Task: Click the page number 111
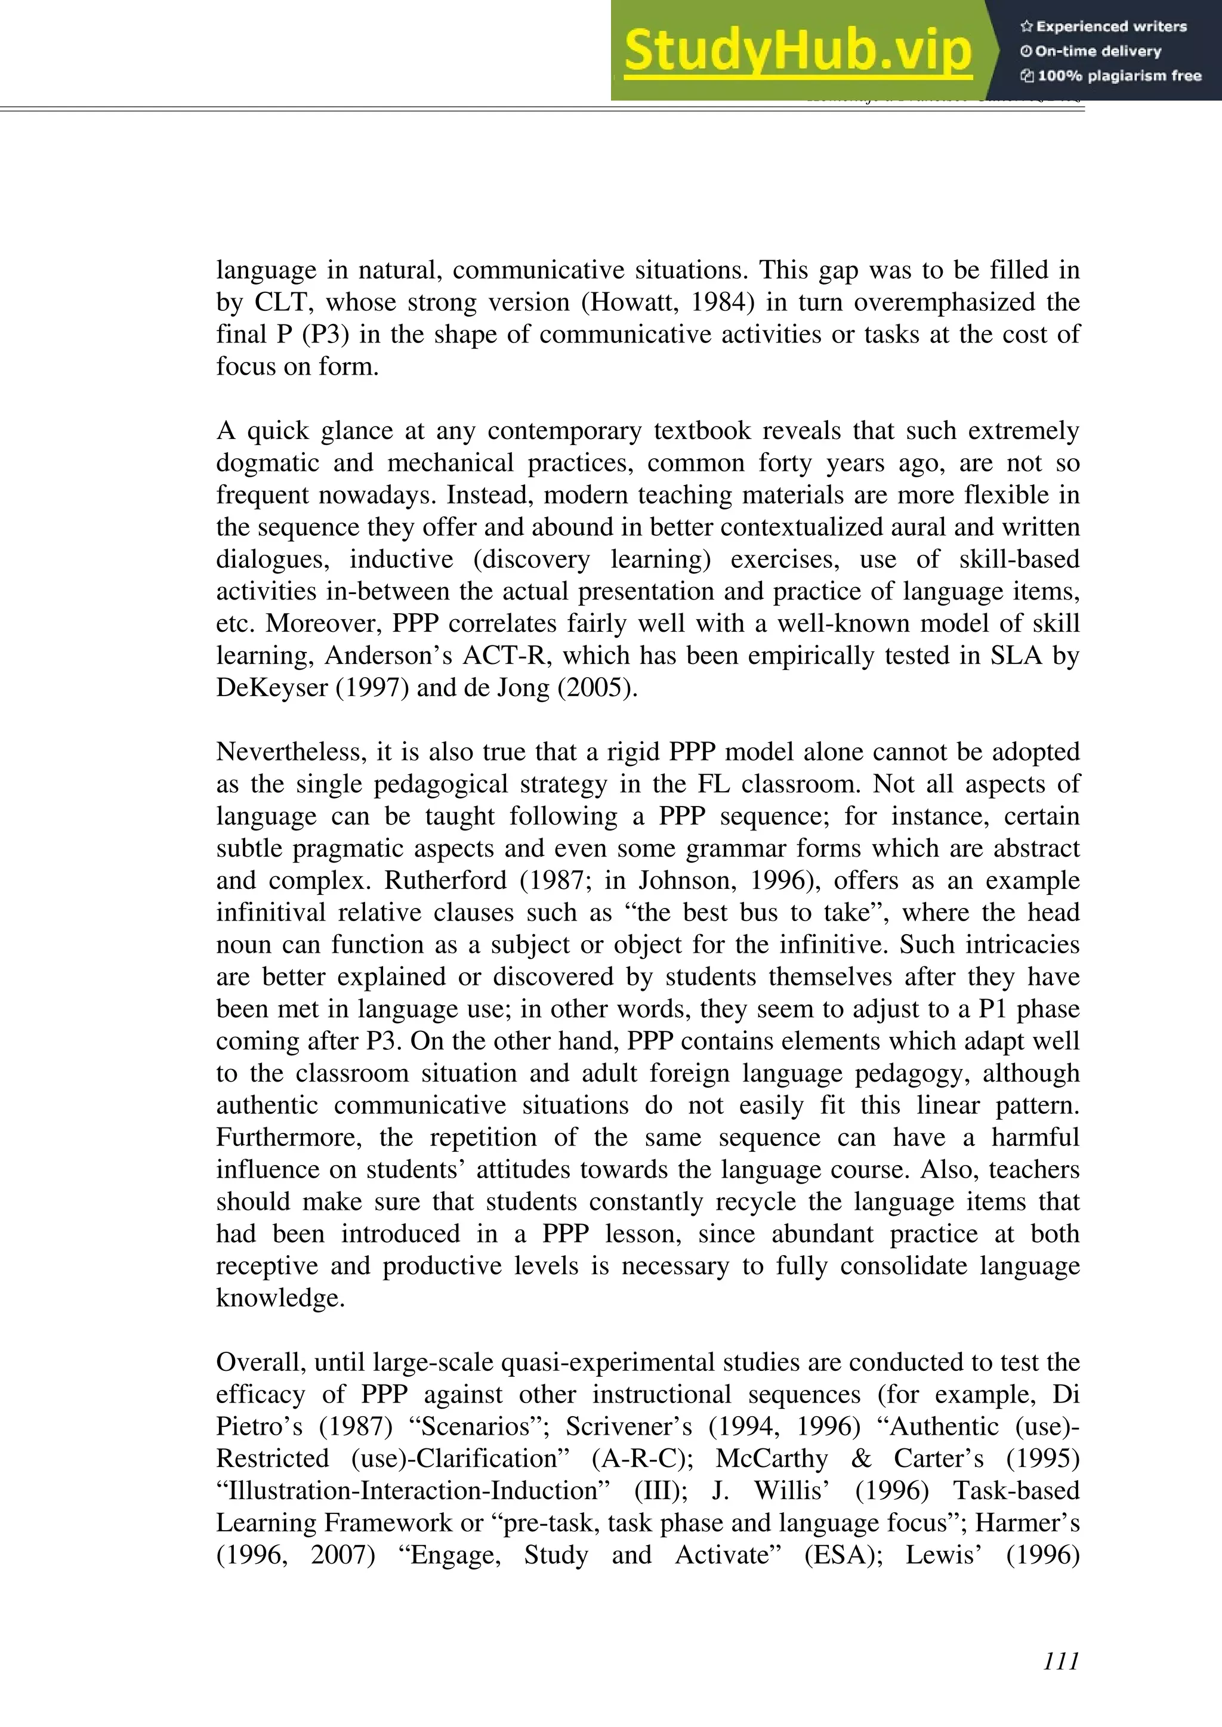1061,1661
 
